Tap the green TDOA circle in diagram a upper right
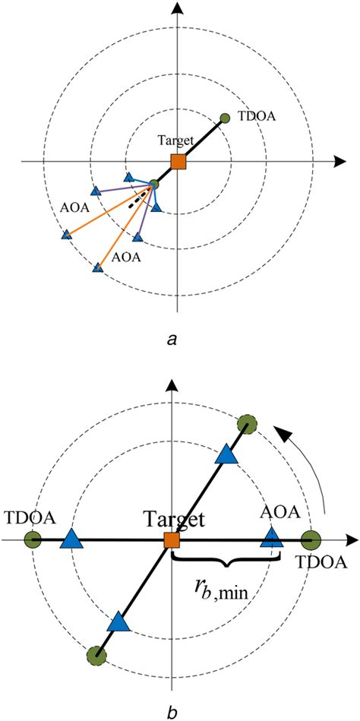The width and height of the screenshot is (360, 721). [x=224, y=118]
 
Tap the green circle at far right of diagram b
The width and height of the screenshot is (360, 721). [x=310, y=541]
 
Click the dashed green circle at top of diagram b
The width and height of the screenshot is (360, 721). [x=245, y=425]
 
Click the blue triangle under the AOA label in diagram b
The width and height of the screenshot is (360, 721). [x=271, y=539]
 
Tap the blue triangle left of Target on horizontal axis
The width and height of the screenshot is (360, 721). [x=71, y=540]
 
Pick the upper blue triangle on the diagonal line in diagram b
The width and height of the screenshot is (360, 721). [x=227, y=454]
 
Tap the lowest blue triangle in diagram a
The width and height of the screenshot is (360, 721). [x=97, y=267]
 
